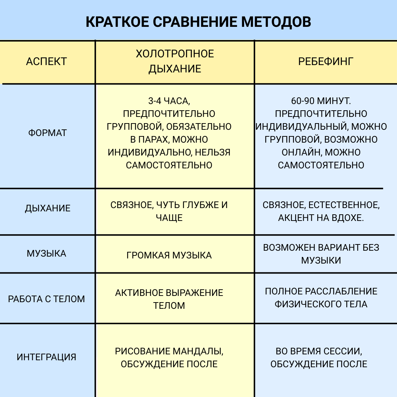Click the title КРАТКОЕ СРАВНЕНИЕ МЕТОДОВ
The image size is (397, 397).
click(x=198, y=22)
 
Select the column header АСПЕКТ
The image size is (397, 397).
click(x=46, y=61)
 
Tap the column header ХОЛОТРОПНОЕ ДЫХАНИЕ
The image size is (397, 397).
click(x=175, y=61)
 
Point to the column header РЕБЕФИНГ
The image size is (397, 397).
click(x=326, y=61)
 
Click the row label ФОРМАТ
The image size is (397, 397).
click(x=47, y=133)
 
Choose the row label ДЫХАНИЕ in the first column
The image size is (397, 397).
click(x=47, y=208)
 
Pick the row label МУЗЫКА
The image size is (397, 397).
click(x=46, y=254)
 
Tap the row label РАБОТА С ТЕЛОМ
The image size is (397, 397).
click(x=46, y=299)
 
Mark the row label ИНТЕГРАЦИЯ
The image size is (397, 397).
click(x=46, y=357)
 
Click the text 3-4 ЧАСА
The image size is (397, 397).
click(x=169, y=101)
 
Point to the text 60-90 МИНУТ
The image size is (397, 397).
click(x=321, y=101)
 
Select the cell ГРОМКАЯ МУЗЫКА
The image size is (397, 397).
click(x=169, y=255)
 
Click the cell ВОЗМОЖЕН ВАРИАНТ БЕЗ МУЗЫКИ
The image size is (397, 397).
click(x=321, y=254)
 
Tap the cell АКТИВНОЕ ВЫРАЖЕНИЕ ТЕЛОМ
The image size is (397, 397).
click(x=169, y=299)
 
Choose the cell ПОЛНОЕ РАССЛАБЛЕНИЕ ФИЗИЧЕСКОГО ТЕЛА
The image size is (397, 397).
click(x=321, y=297)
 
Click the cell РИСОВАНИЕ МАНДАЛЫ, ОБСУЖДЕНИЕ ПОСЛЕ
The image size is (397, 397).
click(x=169, y=358)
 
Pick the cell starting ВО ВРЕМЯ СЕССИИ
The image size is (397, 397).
click(x=319, y=358)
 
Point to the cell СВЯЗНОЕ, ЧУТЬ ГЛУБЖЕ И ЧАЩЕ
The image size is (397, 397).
click(x=169, y=211)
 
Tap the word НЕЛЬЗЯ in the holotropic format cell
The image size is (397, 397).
click(x=212, y=152)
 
